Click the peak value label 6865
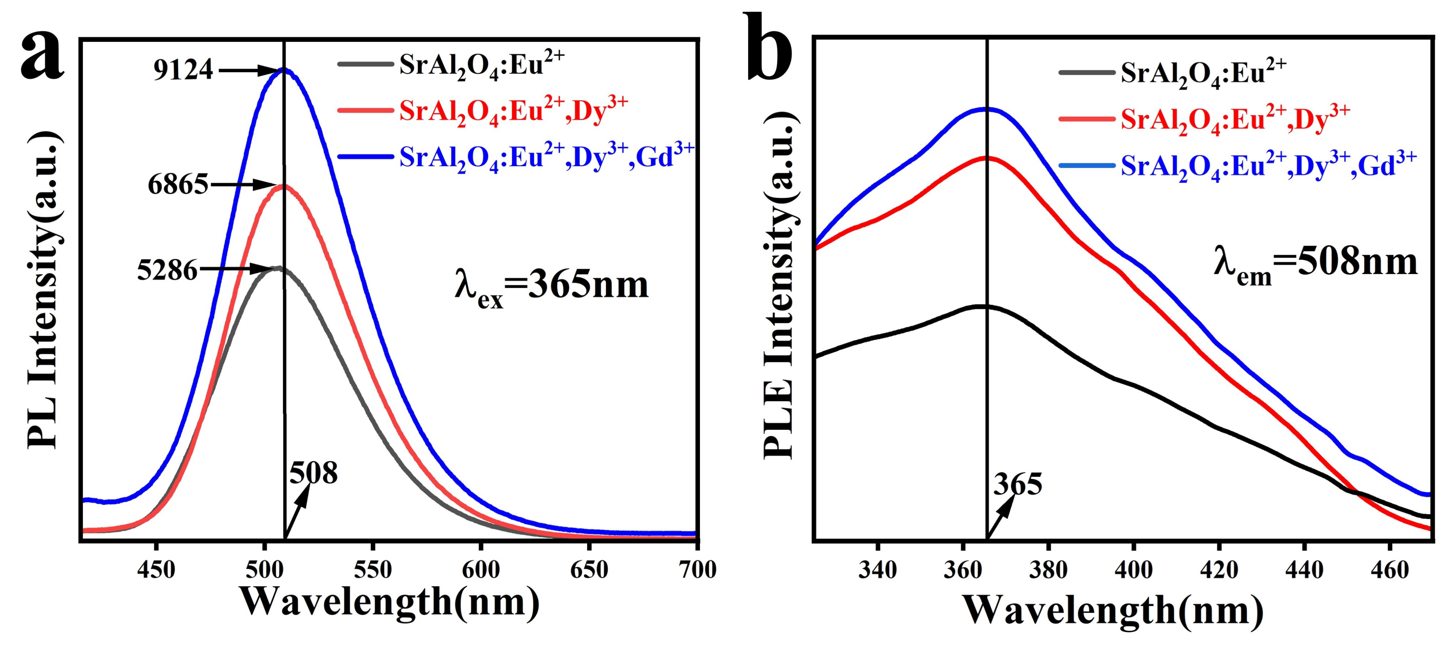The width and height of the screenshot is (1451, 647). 178,185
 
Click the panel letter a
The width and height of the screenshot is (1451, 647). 42,56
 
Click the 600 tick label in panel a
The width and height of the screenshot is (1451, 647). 480,570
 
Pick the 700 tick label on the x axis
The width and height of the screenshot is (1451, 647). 697,570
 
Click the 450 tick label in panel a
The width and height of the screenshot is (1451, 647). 156,570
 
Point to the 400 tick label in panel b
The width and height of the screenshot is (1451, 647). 1133,570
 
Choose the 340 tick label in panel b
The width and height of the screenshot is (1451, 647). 877,570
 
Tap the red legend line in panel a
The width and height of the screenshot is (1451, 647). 365,110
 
